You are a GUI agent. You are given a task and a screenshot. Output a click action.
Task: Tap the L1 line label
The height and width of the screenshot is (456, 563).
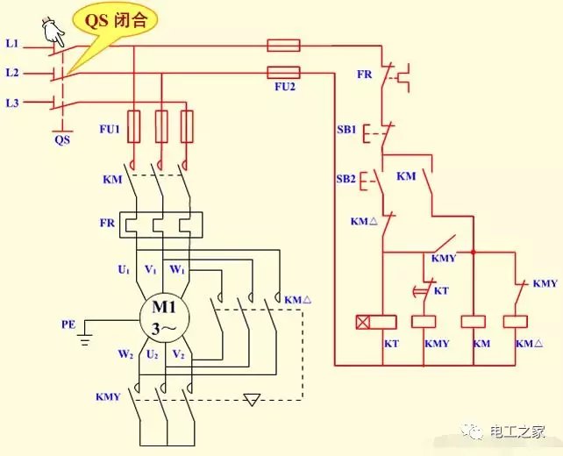point(12,43)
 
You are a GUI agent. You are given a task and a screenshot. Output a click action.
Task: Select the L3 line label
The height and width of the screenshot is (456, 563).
point(12,103)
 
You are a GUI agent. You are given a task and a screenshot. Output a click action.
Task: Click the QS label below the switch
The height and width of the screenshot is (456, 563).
point(61,139)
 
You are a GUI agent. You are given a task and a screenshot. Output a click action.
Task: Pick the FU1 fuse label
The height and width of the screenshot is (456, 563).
point(108,130)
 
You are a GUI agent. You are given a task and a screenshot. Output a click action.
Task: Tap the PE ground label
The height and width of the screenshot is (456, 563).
point(69,324)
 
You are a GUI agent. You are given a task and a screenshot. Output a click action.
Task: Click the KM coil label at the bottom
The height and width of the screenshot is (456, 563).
point(481,343)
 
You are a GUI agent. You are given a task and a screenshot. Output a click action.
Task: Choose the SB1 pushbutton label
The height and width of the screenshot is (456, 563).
point(346,129)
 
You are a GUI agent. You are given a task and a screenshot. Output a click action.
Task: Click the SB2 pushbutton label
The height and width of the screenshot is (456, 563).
point(346,179)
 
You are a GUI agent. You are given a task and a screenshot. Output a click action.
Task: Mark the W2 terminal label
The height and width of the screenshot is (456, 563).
point(126,355)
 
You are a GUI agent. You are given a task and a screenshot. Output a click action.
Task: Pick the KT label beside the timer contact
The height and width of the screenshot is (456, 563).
point(441,289)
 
